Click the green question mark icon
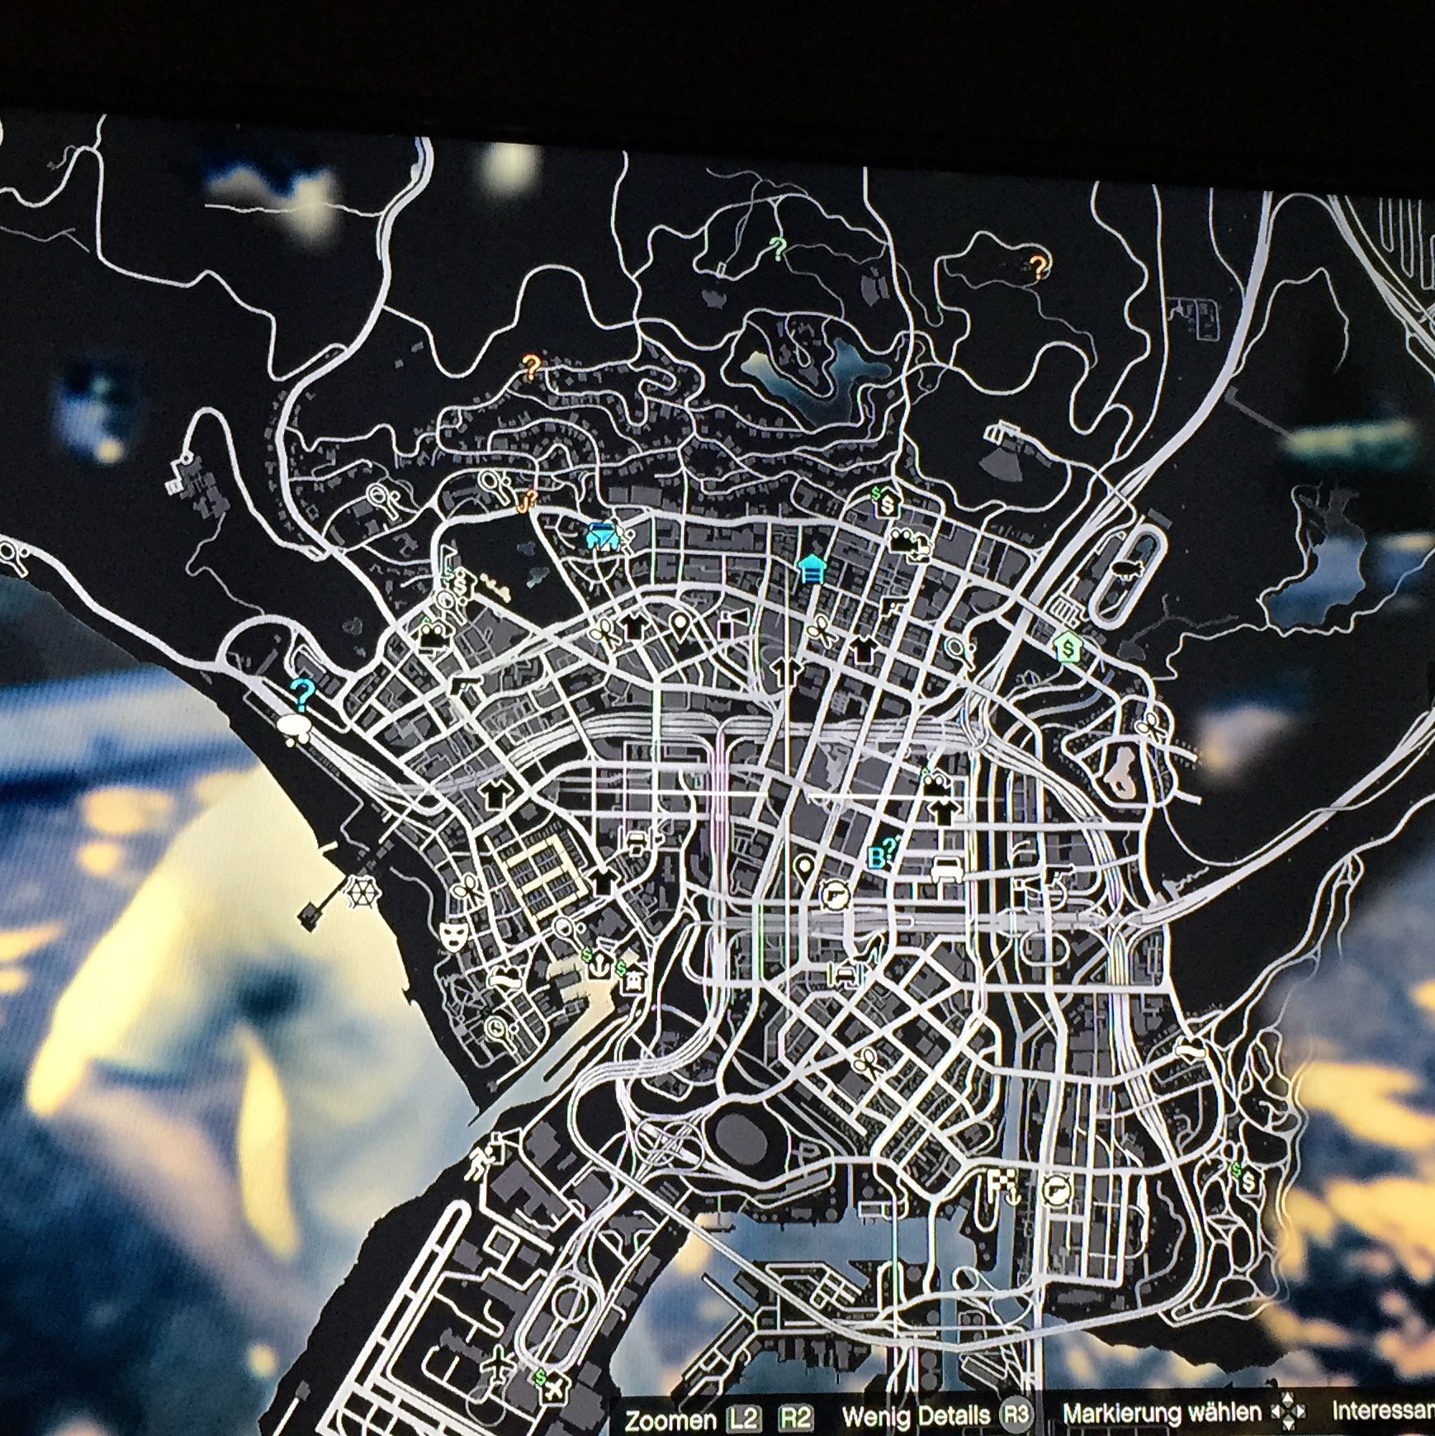pos(776,247)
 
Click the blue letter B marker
pos(877,858)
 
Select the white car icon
pos(946,869)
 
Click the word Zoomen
pos(670,1419)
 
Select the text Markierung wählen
pos(1162,1413)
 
